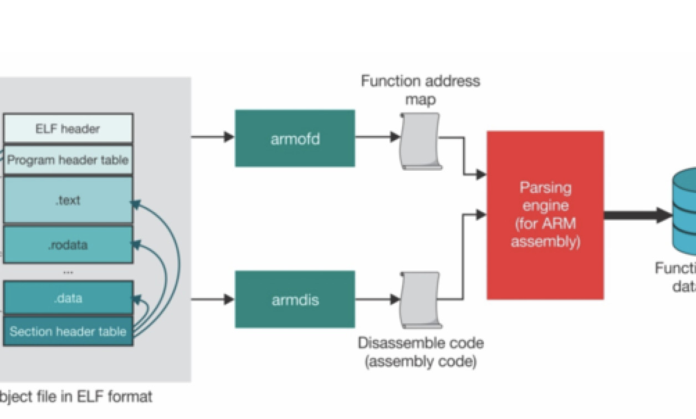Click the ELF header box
click(x=68, y=129)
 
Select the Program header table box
click(x=68, y=160)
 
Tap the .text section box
click(x=68, y=200)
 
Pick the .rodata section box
click(x=68, y=244)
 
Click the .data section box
click(x=68, y=298)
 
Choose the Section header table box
click(x=68, y=331)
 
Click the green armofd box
click(x=295, y=138)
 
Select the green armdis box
click(x=295, y=299)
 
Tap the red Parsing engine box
click(x=545, y=215)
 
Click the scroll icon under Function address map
click(x=420, y=141)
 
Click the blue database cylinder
click(x=685, y=211)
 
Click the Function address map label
click(x=421, y=90)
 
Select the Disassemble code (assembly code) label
click(x=421, y=352)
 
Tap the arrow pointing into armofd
click(x=213, y=137)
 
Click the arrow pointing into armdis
click(x=213, y=299)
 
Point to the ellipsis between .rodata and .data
click(x=68, y=272)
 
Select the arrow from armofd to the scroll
click(x=377, y=137)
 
